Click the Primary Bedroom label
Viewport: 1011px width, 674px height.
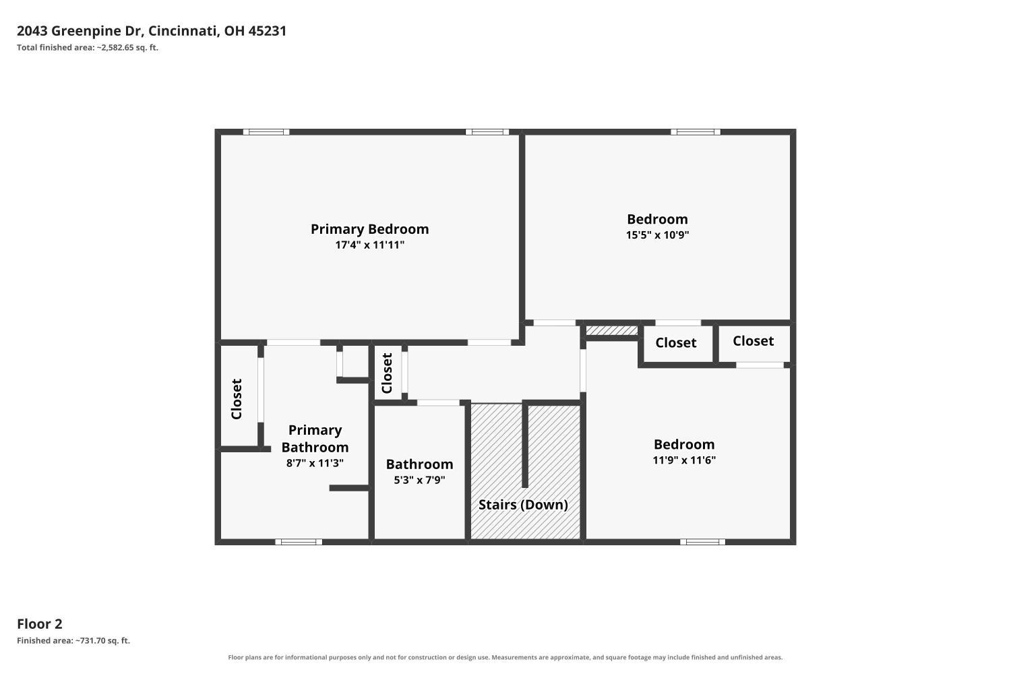369,229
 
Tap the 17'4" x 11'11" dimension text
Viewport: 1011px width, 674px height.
369,245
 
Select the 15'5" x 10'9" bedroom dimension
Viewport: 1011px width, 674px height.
658,235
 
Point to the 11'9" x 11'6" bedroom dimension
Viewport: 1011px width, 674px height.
684,460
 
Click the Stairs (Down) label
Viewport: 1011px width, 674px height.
523,505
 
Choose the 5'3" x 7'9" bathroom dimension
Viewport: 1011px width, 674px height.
420,480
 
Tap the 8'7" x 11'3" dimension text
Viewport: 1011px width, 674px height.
315,463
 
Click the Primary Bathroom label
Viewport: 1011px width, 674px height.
315,439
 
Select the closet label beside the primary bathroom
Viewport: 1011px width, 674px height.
237,399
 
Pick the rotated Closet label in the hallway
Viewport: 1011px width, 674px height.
387,373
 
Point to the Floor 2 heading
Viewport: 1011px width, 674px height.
40,624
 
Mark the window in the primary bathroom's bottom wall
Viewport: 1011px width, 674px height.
299,542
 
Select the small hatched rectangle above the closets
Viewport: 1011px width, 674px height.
612,331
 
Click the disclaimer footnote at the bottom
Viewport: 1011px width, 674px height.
505,657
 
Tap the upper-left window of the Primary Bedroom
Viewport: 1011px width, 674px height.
266,132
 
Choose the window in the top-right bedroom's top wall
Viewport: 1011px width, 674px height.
696,132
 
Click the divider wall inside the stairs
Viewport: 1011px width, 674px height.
525,445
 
